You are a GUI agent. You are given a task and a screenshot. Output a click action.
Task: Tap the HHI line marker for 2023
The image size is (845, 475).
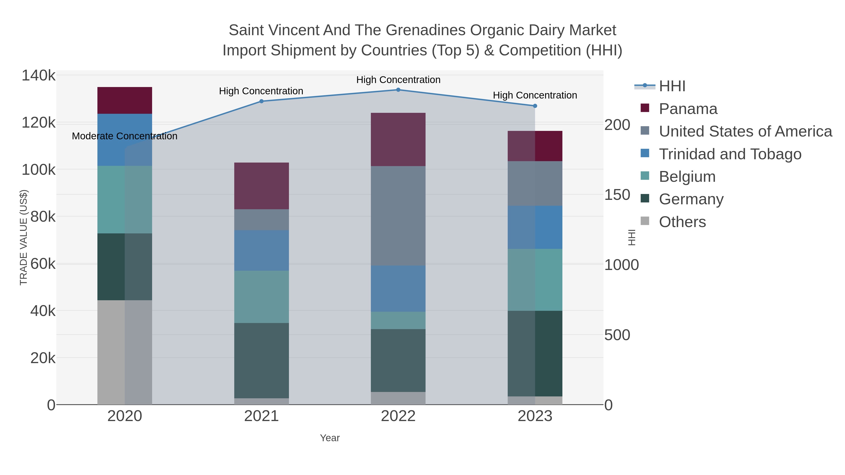coord(535,106)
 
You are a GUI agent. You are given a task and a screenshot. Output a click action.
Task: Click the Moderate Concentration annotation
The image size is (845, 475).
coord(124,136)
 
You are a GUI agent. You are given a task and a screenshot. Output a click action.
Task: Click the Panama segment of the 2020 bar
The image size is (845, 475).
coord(125,100)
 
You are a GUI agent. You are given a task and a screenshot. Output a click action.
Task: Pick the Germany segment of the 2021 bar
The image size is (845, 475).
coord(261,360)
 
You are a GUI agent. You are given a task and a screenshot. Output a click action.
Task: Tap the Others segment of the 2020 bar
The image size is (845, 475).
coord(125,352)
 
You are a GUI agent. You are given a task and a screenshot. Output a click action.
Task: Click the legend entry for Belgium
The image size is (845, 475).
coord(687,177)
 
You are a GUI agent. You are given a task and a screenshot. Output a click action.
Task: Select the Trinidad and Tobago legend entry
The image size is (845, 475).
coord(730,154)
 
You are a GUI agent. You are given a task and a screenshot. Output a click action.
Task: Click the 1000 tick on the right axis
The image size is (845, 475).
coord(621,265)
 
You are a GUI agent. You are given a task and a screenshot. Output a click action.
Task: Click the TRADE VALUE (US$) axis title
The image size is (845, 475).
coord(24,237)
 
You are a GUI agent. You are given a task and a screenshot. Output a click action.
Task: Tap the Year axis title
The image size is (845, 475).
coord(330,438)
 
